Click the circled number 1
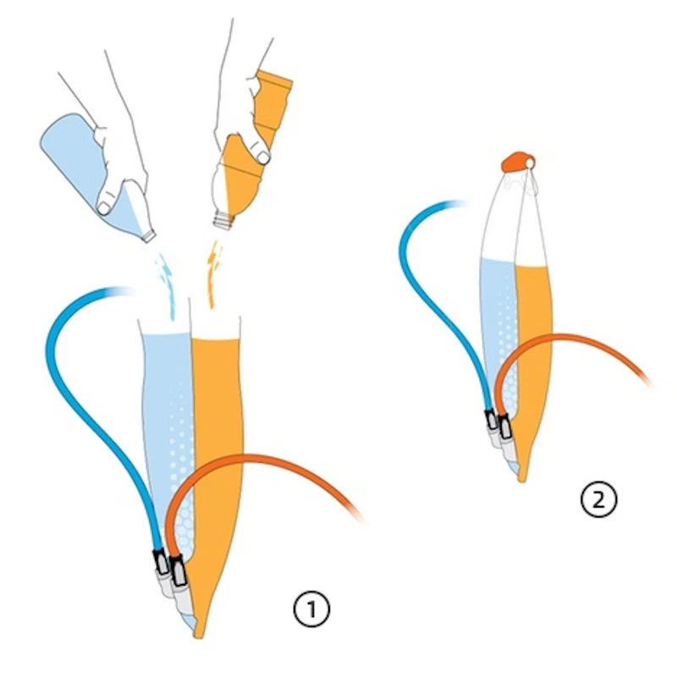click(311, 608)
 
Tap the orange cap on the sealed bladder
click(518, 162)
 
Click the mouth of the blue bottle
click(149, 237)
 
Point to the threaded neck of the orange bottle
click(224, 220)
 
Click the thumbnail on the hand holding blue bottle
click(104, 208)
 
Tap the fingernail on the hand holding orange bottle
click(262, 158)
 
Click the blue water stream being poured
click(167, 286)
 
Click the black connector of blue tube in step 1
click(161, 562)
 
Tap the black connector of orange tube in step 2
click(504, 427)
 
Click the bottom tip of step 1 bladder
click(199, 636)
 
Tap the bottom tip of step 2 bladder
click(521, 480)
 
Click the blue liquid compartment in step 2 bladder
click(498, 328)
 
